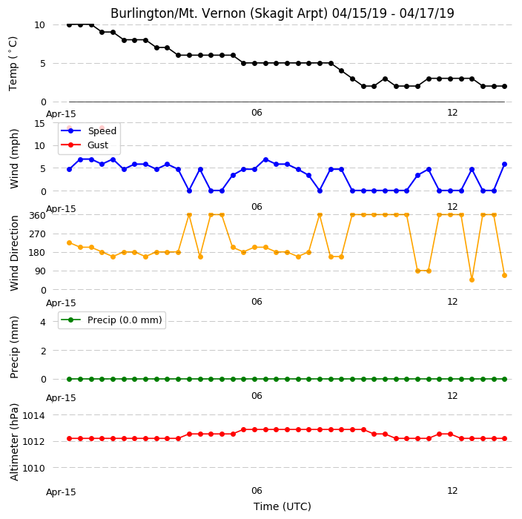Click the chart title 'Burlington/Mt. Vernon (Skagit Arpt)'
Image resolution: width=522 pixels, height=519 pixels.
(x=219, y=13)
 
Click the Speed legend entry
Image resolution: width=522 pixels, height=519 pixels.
(x=88, y=130)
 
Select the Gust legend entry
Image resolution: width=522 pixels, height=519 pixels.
(x=85, y=145)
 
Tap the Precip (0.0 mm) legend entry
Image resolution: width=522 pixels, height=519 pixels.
(x=111, y=320)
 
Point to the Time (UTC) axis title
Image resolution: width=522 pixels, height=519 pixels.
(x=283, y=506)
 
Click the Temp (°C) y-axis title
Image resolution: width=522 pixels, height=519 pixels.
(x=13, y=64)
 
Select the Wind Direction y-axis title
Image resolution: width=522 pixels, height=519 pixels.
(x=14, y=253)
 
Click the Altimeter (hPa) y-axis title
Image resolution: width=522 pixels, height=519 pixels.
(x=14, y=442)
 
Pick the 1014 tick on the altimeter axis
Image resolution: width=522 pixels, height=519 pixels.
(x=33, y=415)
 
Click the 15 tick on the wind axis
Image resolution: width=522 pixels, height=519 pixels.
(x=39, y=124)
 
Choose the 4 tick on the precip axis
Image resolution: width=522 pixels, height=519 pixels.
(x=43, y=322)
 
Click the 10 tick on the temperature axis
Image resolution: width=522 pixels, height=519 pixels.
(x=39, y=25)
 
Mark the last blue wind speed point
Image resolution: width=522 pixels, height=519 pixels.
(x=504, y=165)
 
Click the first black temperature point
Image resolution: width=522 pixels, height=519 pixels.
(x=69, y=25)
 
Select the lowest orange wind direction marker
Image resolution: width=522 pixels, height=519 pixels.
(x=472, y=280)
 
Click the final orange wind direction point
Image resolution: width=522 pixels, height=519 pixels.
(x=504, y=276)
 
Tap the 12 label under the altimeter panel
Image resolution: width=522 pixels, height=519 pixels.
(x=452, y=491)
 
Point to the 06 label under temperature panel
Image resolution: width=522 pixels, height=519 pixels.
(x=257, y=113)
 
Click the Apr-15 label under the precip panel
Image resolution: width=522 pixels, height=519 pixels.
(x=61, y=398)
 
